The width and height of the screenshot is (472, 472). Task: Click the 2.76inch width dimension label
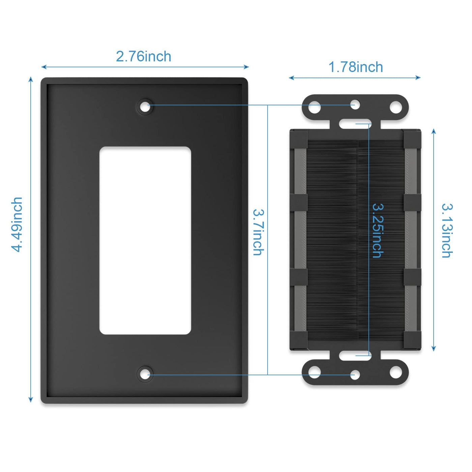143,56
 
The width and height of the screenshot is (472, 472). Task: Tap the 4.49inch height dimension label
17,224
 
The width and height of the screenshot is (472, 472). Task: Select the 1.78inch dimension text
356,67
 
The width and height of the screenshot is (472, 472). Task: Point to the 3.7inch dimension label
258,232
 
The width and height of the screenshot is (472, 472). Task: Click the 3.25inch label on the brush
378,231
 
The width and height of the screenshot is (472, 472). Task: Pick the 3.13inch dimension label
447,231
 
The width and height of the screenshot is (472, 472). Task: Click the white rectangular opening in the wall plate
145,240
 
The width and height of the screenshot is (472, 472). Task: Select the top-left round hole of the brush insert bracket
315,107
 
